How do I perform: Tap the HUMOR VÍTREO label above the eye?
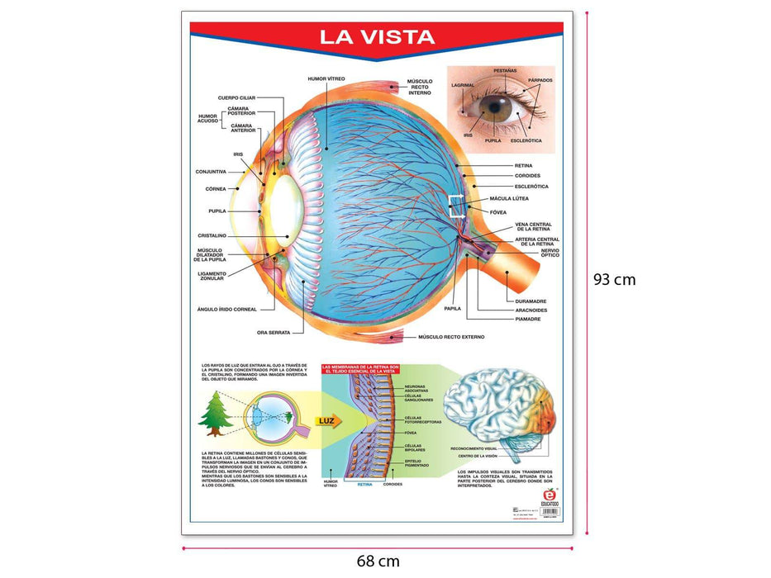(326, 78)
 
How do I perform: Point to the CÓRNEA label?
(216, 188)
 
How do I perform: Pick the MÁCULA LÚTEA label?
(509, 199)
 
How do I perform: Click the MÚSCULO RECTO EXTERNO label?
(450, 337)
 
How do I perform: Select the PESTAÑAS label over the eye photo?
(505, 72)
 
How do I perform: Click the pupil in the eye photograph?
(497, 110)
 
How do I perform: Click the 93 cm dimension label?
(614, 279)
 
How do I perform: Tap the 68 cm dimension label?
(378, 561)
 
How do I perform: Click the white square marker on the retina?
(457, 206)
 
